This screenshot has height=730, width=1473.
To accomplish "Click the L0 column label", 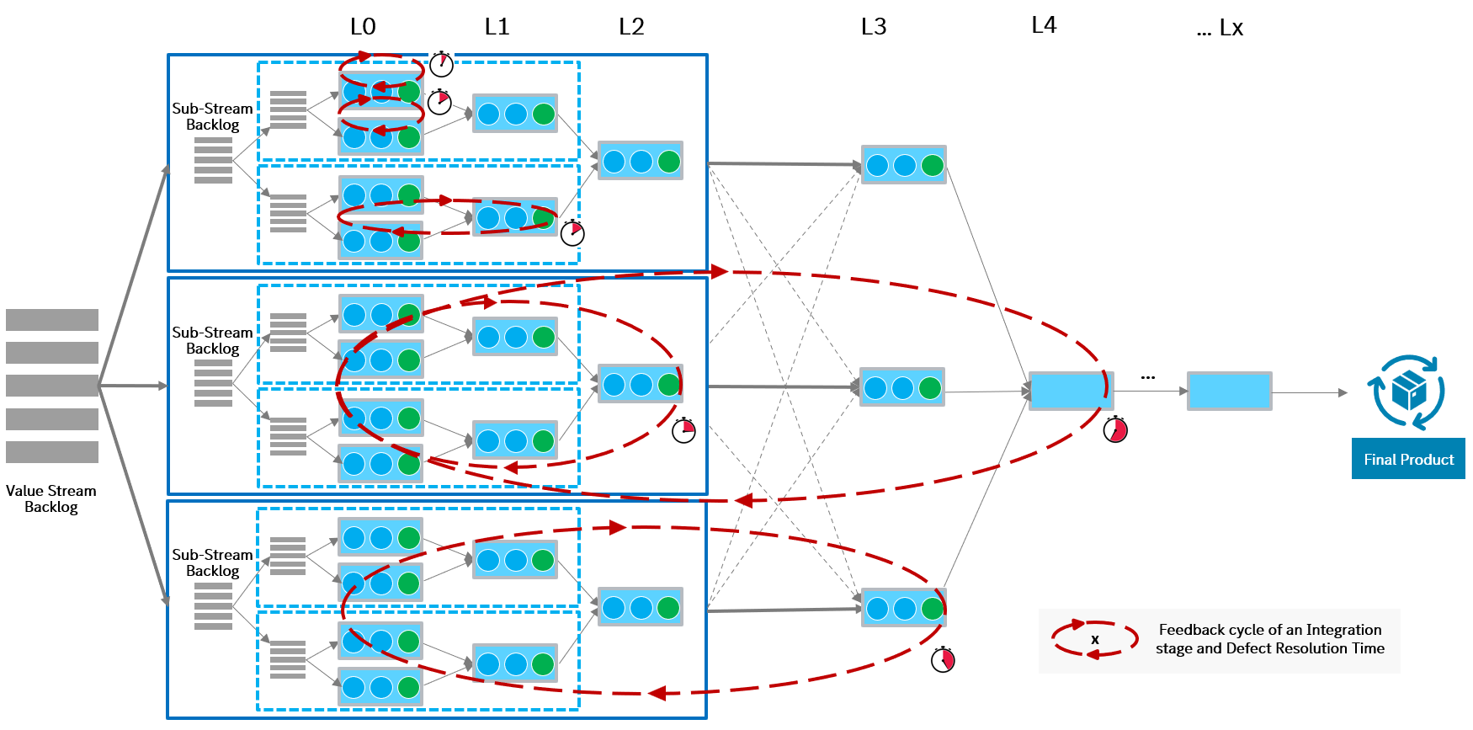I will tap(363, 27).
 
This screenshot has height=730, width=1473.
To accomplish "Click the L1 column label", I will tap(497, 27).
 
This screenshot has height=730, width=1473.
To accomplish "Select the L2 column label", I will tap(631, 27).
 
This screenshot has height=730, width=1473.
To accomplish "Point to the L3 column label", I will tap(874, 27).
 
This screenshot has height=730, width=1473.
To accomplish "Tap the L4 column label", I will tap(1044, 25).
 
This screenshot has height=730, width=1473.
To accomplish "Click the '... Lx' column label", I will tap(1220, 29).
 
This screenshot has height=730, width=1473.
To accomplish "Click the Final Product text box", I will tap(1408, 459).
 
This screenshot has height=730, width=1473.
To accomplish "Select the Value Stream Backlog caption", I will tap(51, 498).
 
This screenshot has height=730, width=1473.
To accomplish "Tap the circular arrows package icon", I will tap(1409, 392).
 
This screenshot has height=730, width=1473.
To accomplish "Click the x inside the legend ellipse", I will tap(1095, 640).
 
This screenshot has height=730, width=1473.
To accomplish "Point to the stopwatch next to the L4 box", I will tap(1115, 429).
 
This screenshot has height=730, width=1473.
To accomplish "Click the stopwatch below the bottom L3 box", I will tap(943, 659).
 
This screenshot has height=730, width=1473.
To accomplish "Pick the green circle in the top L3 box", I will tap(932, 165).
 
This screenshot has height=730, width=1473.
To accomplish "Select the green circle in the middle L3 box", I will tap(930, 387).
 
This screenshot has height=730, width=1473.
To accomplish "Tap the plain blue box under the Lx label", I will tap(1229, 391).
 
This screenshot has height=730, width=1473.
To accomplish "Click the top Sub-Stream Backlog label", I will tap(212, 116).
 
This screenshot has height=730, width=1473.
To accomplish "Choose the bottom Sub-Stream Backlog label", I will tap(212, 562).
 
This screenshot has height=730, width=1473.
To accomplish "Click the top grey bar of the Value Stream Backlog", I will tap(52, 320).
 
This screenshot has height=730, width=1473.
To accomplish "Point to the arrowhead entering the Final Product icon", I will tap(1343, 392).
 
